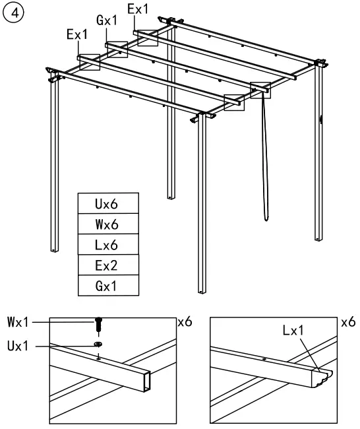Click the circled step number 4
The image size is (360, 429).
click(x=14, y=13)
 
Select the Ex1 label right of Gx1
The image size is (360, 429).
click(x=138, y=9)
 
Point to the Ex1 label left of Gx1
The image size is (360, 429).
click(x=76, y=35)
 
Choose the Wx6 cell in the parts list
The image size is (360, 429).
click(x=108, y=224)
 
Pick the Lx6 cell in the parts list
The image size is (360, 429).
click(x=108, y=244)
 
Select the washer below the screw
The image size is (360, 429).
click(x=98, y=345)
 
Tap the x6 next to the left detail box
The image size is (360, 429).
click(x=186, y=325)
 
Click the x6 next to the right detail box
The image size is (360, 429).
click(x=347, y=325)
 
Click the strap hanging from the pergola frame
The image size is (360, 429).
click(x=264, y=158)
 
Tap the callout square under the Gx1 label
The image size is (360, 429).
click(x=117, y=49)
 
